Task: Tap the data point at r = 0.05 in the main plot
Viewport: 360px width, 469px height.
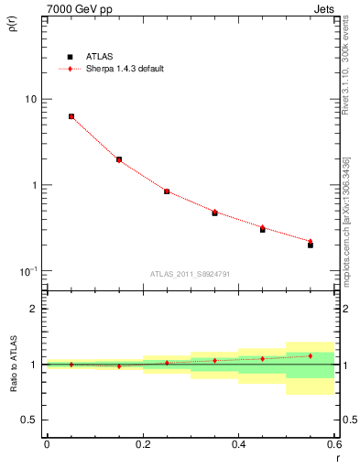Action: point(71,116)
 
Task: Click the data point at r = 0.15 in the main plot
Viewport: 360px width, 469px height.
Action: point(119,159)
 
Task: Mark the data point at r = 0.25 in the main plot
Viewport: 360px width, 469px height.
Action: point(167,191)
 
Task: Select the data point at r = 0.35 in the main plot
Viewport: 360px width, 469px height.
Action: point(214,213)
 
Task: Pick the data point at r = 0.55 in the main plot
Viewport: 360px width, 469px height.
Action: point(311,244)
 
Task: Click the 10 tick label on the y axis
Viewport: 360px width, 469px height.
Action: point(30,99)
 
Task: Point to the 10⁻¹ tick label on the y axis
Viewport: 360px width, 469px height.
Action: point(27,271)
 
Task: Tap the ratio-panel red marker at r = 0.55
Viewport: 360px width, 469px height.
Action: point(311,355)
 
